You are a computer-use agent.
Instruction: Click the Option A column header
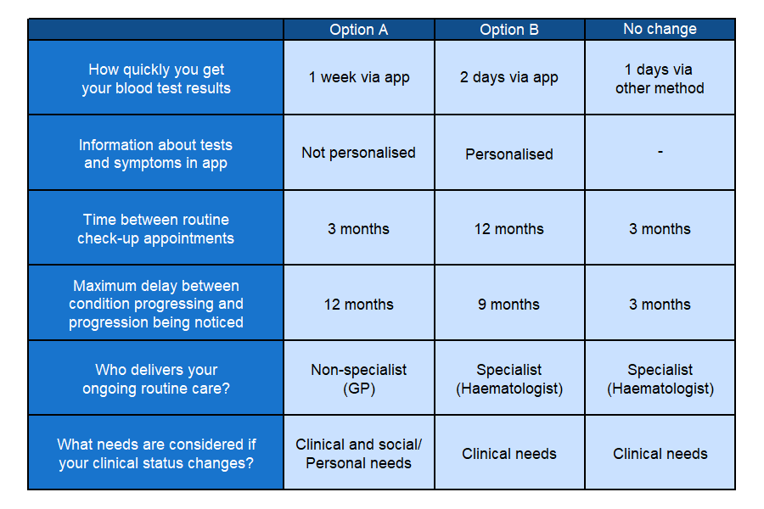pos(358,30)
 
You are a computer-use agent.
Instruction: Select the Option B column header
pos(509,30)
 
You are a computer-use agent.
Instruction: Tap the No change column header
pos(660,29)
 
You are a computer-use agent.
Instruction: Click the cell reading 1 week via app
pos(358,77)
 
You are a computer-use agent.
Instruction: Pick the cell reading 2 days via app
pos(509,77)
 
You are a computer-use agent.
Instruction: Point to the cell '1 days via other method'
pos(660,78)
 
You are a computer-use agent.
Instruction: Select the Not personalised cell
pos(358,153)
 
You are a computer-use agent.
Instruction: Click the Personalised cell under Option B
pos(509,154)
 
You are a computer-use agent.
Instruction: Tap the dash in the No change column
pos(660,152)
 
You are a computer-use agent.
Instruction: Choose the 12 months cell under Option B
pos(509,228)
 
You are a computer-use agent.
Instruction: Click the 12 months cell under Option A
pos(358,304)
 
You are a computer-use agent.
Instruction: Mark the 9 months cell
pos(509,304)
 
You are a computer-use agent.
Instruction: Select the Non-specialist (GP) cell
pos(358,378)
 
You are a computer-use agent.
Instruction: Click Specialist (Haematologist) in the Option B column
pos(509,378)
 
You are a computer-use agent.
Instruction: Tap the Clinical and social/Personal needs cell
pos(358,453)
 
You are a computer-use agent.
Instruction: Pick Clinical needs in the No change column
pos(660,454)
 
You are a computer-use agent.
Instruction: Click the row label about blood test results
pos(156,78)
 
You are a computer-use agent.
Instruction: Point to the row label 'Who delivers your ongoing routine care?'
pos(156,378)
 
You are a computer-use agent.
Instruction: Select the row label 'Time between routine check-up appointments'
pos(156,228)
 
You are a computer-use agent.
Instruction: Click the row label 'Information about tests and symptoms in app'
pos(156,154)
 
